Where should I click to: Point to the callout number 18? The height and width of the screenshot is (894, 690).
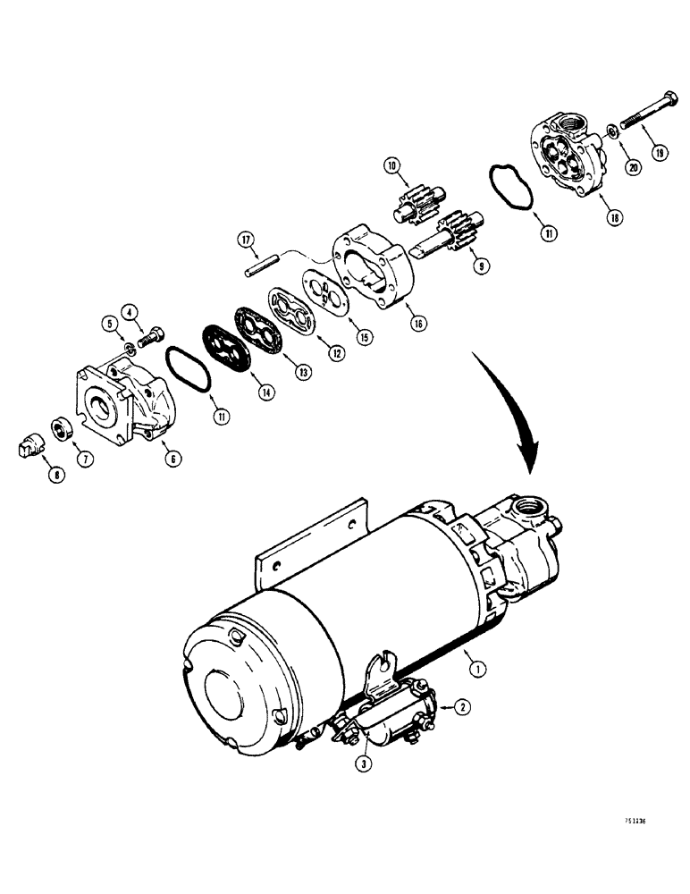[x=615, y=216]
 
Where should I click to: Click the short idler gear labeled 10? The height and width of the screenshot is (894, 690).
[x=414, y=205]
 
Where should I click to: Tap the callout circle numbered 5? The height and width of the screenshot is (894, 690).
[x=109, y=324]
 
